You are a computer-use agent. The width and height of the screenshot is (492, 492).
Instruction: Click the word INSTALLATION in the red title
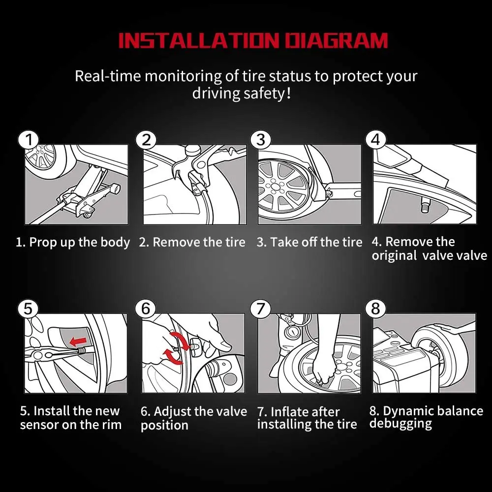tap(199, 40)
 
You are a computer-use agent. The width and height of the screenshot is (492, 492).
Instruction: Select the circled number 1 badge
tap(29, 140)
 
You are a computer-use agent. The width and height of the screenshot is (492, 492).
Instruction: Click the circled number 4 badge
tap(376, 140)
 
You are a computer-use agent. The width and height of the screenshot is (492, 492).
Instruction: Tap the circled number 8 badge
tap(375, 309)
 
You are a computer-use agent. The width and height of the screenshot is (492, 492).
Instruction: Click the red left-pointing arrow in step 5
tap(78, 341)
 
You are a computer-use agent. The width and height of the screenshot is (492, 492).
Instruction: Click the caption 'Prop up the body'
tap(79, 243)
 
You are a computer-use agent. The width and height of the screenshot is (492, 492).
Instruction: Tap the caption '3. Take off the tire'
tap(309, 242)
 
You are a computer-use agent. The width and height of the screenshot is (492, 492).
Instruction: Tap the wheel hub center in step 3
tap(275, 187)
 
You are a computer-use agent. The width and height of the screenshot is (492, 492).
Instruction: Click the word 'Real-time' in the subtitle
tap(108, 76)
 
